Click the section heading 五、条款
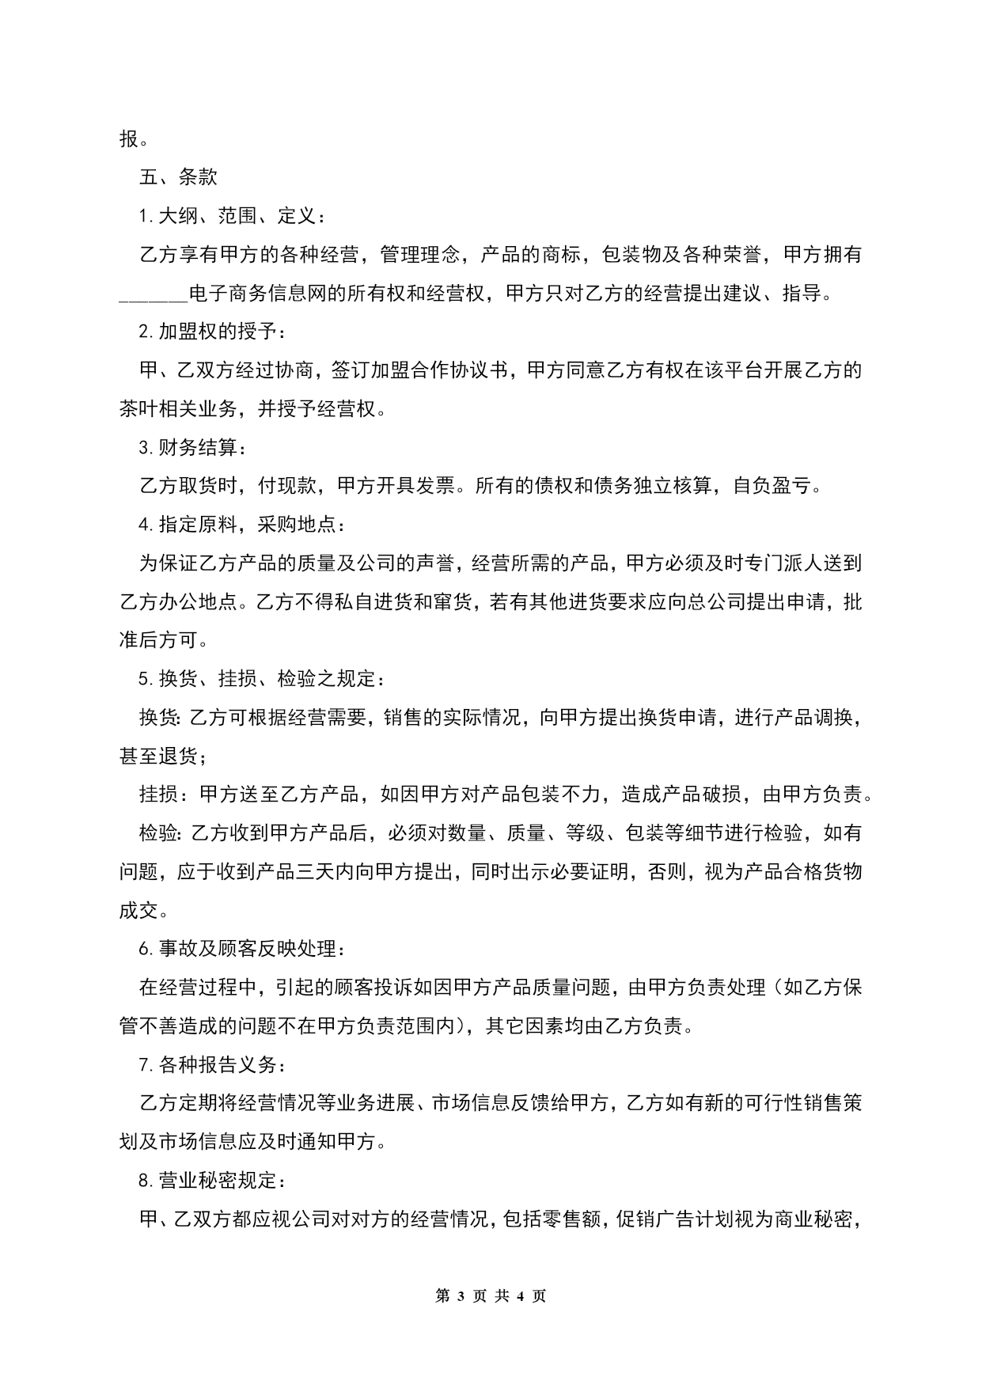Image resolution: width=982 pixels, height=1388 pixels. pos(178,177)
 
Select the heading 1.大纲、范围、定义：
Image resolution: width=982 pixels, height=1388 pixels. pos(230,216)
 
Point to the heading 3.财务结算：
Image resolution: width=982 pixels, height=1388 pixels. pos(192,449)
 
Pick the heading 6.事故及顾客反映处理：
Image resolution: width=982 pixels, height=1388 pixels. pos(241,949)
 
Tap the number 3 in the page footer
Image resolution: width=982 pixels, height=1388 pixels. pos(461,1296)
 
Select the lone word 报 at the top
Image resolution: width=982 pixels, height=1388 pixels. pos(129,139)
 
